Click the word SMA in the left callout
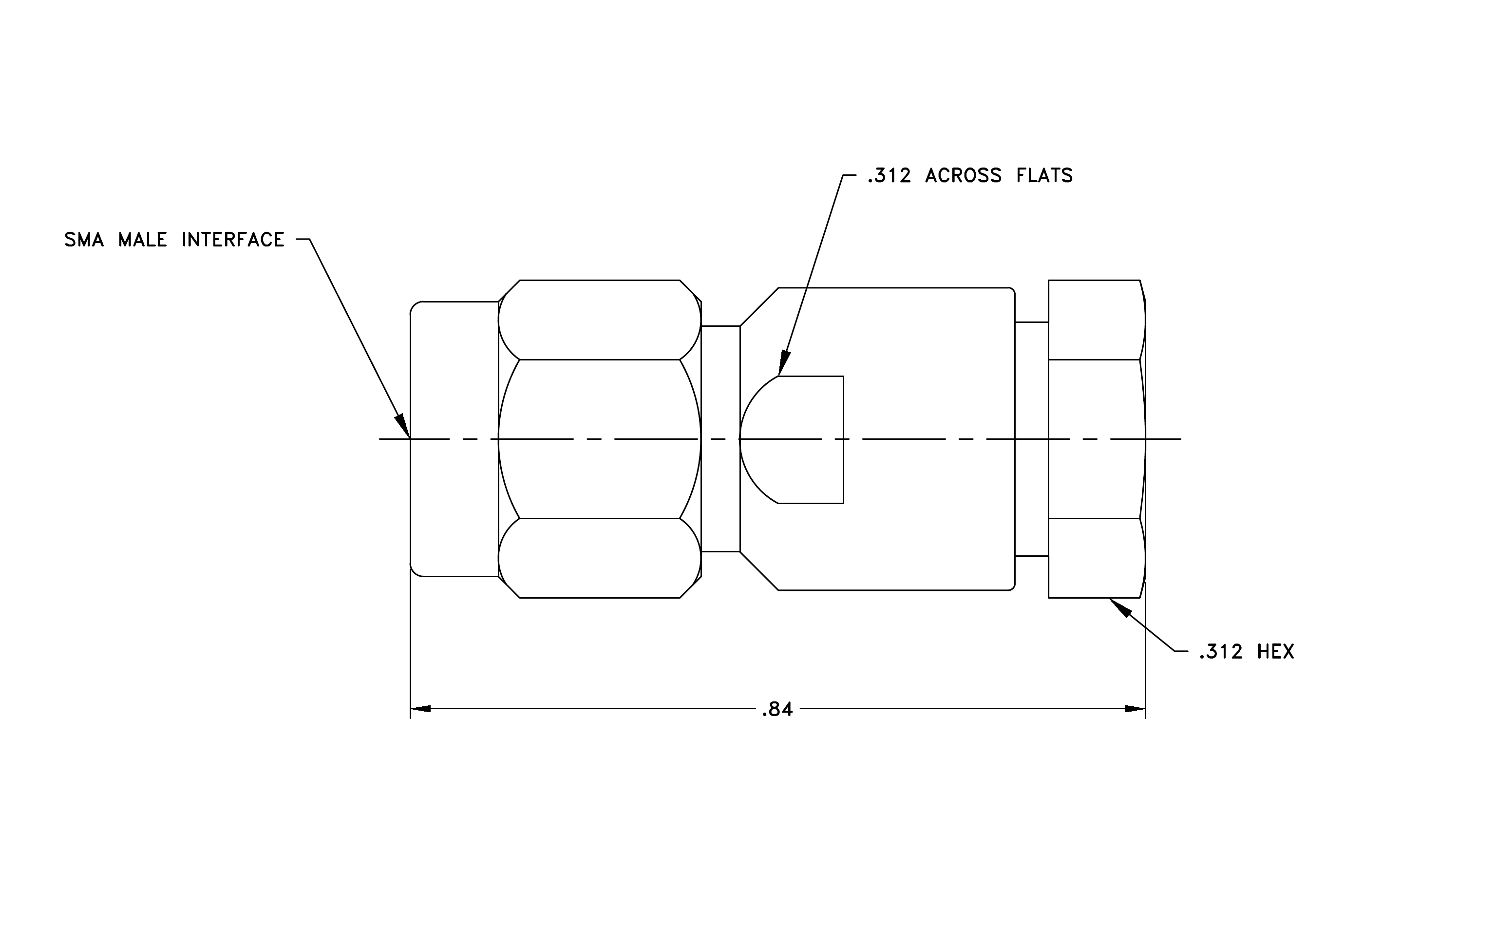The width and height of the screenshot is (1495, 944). click(x=84, y=240)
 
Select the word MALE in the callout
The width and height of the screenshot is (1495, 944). click(x=143, y=240)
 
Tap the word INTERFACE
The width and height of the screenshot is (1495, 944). click(x=233, y=240)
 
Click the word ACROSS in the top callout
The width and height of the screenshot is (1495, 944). click(x=963, y=176)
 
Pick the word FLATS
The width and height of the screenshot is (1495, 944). click(x=1044, y=176)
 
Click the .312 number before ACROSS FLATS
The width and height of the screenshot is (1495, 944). click(x=889, y=176)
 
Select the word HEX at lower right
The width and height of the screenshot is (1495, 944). click(x=1276, y=652)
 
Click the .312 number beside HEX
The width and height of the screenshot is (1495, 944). click(x=1221, y=652)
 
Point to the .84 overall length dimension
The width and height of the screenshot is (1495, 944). click(x=777, y=709)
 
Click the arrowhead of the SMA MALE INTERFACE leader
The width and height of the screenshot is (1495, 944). click(x=403, y=426)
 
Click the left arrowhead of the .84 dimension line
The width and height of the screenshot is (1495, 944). click(x=420, y=709)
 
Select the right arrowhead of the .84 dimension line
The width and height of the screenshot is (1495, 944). click(x=1135, y=709)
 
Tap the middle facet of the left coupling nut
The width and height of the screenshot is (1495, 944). click(x=600, y=439)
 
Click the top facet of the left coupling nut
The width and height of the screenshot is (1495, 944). click(x=600, y=320)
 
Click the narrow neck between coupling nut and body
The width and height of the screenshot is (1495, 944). click(x=721, y=439)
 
